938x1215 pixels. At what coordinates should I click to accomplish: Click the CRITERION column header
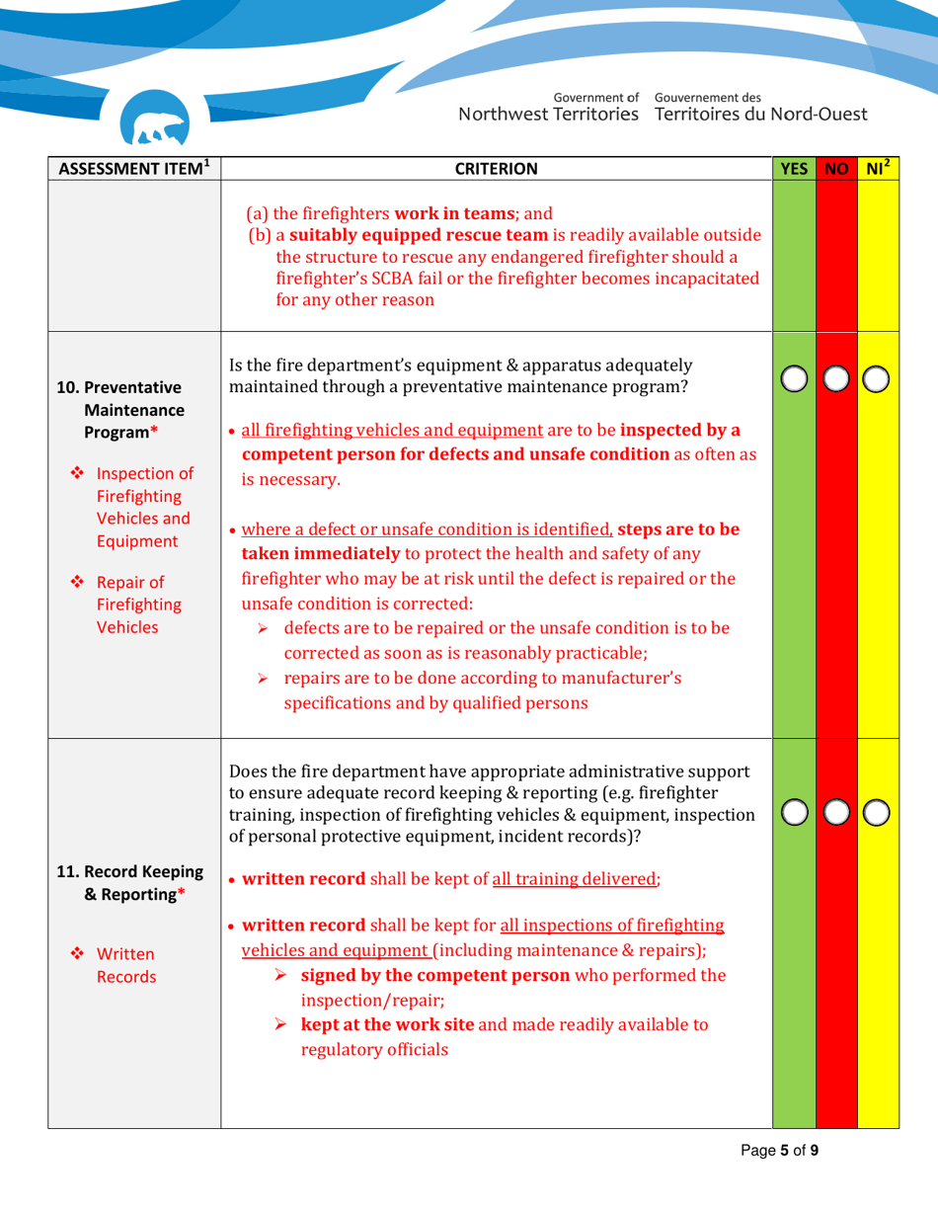click(x=496, y=168)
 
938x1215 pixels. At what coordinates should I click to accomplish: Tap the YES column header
click(x=793, y=168)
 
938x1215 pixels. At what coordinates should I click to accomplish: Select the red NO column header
click(x=837, y=168)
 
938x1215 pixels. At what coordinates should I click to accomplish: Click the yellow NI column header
click(x=879, y=167)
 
